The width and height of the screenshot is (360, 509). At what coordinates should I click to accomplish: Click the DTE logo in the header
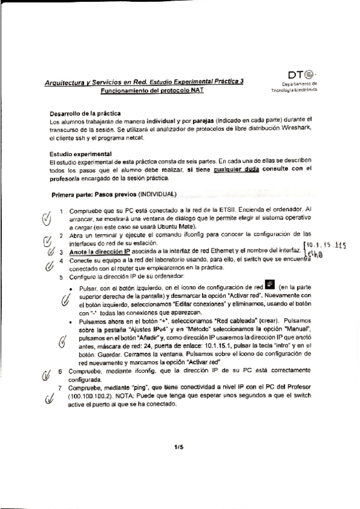point(299,76)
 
